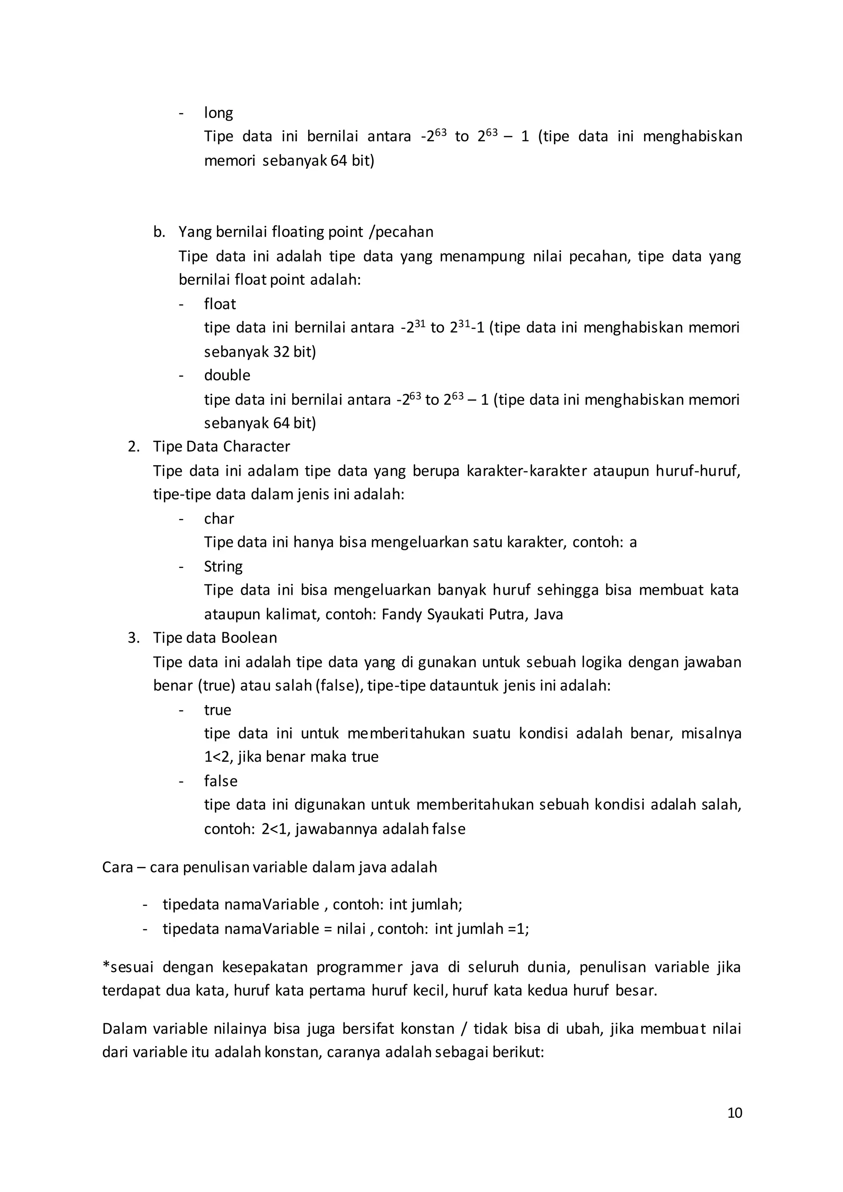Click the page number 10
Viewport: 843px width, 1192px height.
pyautogui.click(x=734, y=1113)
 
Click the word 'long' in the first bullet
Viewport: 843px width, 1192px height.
pyautogui.click(x=218, y=113)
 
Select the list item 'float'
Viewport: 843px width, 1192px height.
pyautogui.click(x=219, y=304)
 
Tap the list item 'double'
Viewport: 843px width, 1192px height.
pyautogui.click(x=227, y=375)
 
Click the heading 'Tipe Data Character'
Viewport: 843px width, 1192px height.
pyautogui.click(x=221, y=447)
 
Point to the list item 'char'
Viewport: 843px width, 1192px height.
pyautogui.click(x=219, y=518)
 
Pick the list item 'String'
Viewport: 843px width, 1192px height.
pyautogui.click(x=223, y=566)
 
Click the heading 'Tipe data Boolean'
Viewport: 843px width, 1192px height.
pyautogui.click(x=215, y=638)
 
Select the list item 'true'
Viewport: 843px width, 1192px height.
pyautogui.click(x=217, y=710)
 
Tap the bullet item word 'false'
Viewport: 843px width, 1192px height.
pyautogui.click(x=221, y=781)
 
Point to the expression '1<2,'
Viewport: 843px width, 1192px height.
pyautogui.click(x=219, y=757)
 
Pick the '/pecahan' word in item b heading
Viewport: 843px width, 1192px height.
pyautogui.click(x=401, y=232)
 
